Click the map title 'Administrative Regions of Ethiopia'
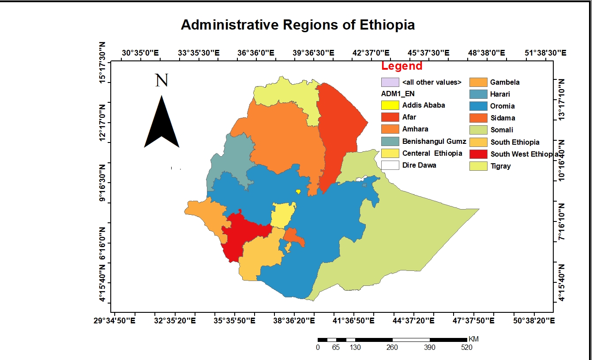coord(298,25)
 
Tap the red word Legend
coord(402,66)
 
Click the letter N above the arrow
coord(161,80)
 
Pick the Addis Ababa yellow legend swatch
coord(390,105)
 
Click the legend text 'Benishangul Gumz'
coord(434,141)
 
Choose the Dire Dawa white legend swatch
coord(390,165)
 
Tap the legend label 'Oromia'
coord(502,106)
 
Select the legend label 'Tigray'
coord(500,166)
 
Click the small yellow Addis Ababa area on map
coord(298,191)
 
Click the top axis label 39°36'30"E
coord(312,53)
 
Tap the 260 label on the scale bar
coord(392,348)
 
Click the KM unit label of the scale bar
coord(473,339)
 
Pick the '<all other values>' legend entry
coord(432,82)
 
